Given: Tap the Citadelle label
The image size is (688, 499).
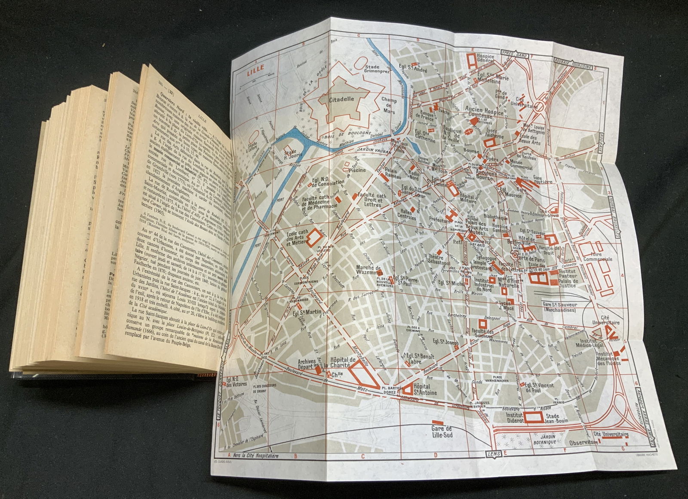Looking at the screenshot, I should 341,98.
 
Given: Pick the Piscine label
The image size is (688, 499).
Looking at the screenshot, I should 357,170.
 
